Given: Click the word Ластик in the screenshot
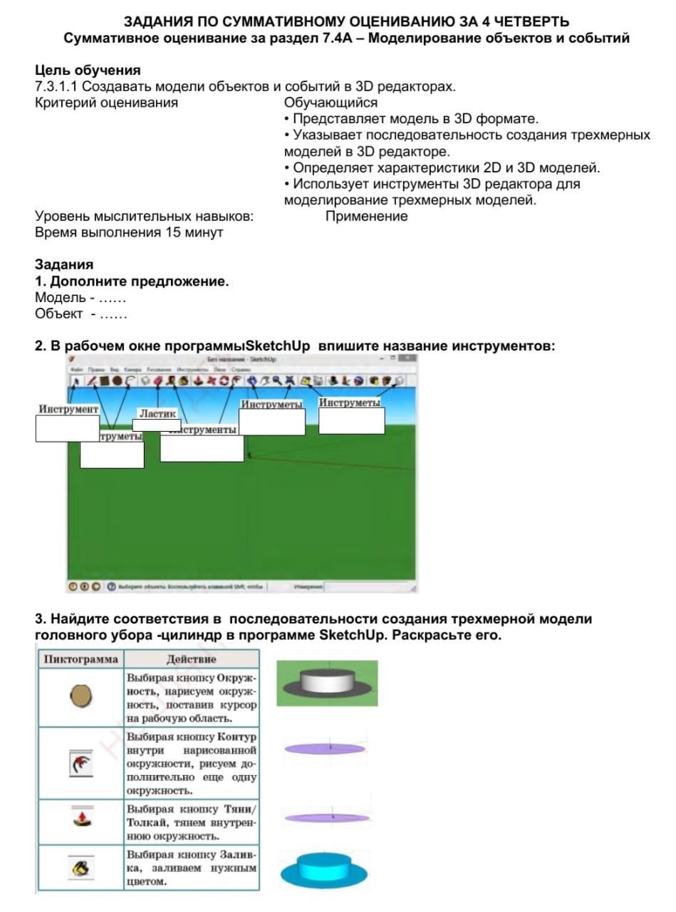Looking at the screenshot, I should pyautogui.click(x=157, y=413).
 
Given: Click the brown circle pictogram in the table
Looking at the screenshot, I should pyautogui.click(x=80, y=695).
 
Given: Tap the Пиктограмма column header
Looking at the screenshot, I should pyautogui.click(x=80, y=659).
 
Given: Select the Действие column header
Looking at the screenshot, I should pyautogui.click(x=191, y=659).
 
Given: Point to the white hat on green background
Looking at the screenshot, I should pyautogui.click(x=327, y=682).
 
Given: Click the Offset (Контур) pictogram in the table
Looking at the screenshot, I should pyautogui.click(x=80, y=763).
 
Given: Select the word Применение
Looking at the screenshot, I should pyautogui.click(x=366, y=217).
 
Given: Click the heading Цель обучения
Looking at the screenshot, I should pyautogui.click(x=88, y=71).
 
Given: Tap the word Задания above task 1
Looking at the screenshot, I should pyautogui.click(x=64, y=265).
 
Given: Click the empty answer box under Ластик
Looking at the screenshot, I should pyautogui.click(x=157, y=425).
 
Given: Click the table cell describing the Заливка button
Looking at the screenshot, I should pyautogui.click(x=191, y=867).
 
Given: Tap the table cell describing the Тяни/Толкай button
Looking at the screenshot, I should pyautogui.click(x=191, y=822).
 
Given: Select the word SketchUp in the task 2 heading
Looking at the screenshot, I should pyautogui.click(x=278, y=346).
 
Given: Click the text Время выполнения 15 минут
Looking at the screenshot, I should pyautogui.click(x=129, y=232).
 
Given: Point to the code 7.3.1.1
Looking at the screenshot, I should pyautogui.click(x=56, y=87).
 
